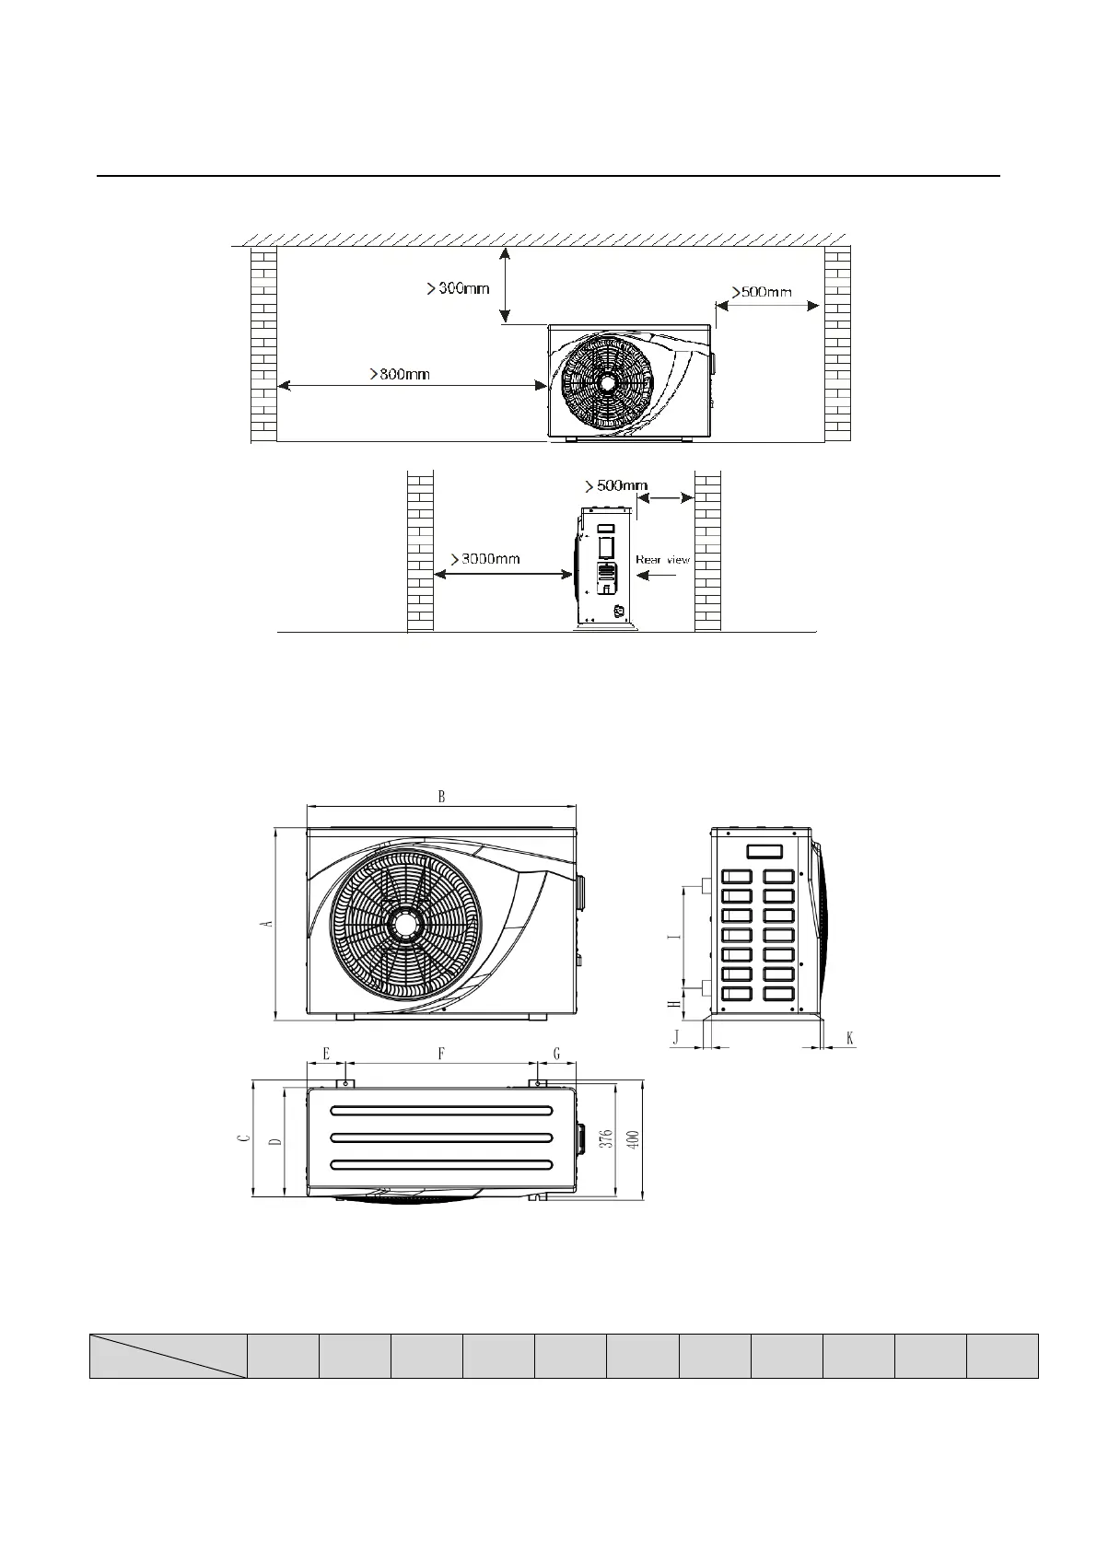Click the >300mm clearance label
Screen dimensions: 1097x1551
point(459,288)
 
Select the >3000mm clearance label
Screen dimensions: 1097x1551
point(484,558)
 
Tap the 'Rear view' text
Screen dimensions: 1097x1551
point(662,559)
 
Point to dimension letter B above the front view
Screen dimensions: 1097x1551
point(441,797)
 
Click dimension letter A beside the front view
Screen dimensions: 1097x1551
point(267,923)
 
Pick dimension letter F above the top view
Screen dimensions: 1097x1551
point(441,1053)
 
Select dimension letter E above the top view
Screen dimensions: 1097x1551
point(325,1053)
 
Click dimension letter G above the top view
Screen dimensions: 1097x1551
point(556,1053)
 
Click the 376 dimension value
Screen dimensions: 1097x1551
point(605,1140)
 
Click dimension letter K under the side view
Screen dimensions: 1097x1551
point(849,1038)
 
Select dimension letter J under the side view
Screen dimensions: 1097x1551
point(675,1038)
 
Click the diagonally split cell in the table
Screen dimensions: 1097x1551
point(169,1355)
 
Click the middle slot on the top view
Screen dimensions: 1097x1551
point(441,1137)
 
